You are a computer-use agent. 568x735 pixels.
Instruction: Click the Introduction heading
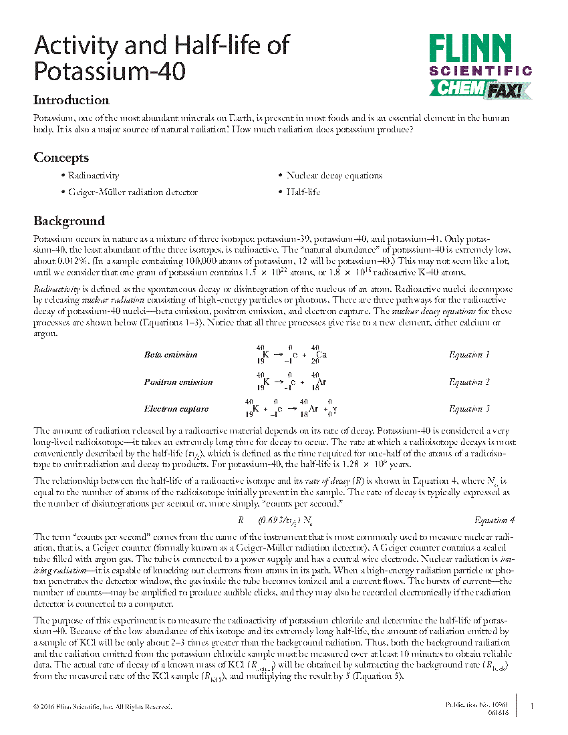[72, 100]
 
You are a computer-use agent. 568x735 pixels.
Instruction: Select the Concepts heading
[61, 158]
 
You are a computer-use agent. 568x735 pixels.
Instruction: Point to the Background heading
[69, 221]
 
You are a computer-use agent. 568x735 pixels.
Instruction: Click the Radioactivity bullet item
[94, 176]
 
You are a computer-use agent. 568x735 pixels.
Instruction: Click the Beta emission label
[170, 355]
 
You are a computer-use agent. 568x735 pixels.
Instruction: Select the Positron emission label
[178, 382]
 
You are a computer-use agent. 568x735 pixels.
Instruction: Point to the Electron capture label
[176, 409]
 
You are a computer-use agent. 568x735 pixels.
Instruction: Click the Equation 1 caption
[469, 355]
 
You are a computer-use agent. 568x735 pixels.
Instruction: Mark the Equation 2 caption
[469, 382]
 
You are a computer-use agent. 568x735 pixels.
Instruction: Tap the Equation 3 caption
[469, 409]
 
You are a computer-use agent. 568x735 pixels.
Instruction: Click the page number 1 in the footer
[531, 706]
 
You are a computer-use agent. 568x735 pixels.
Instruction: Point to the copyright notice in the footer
[103, 706]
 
